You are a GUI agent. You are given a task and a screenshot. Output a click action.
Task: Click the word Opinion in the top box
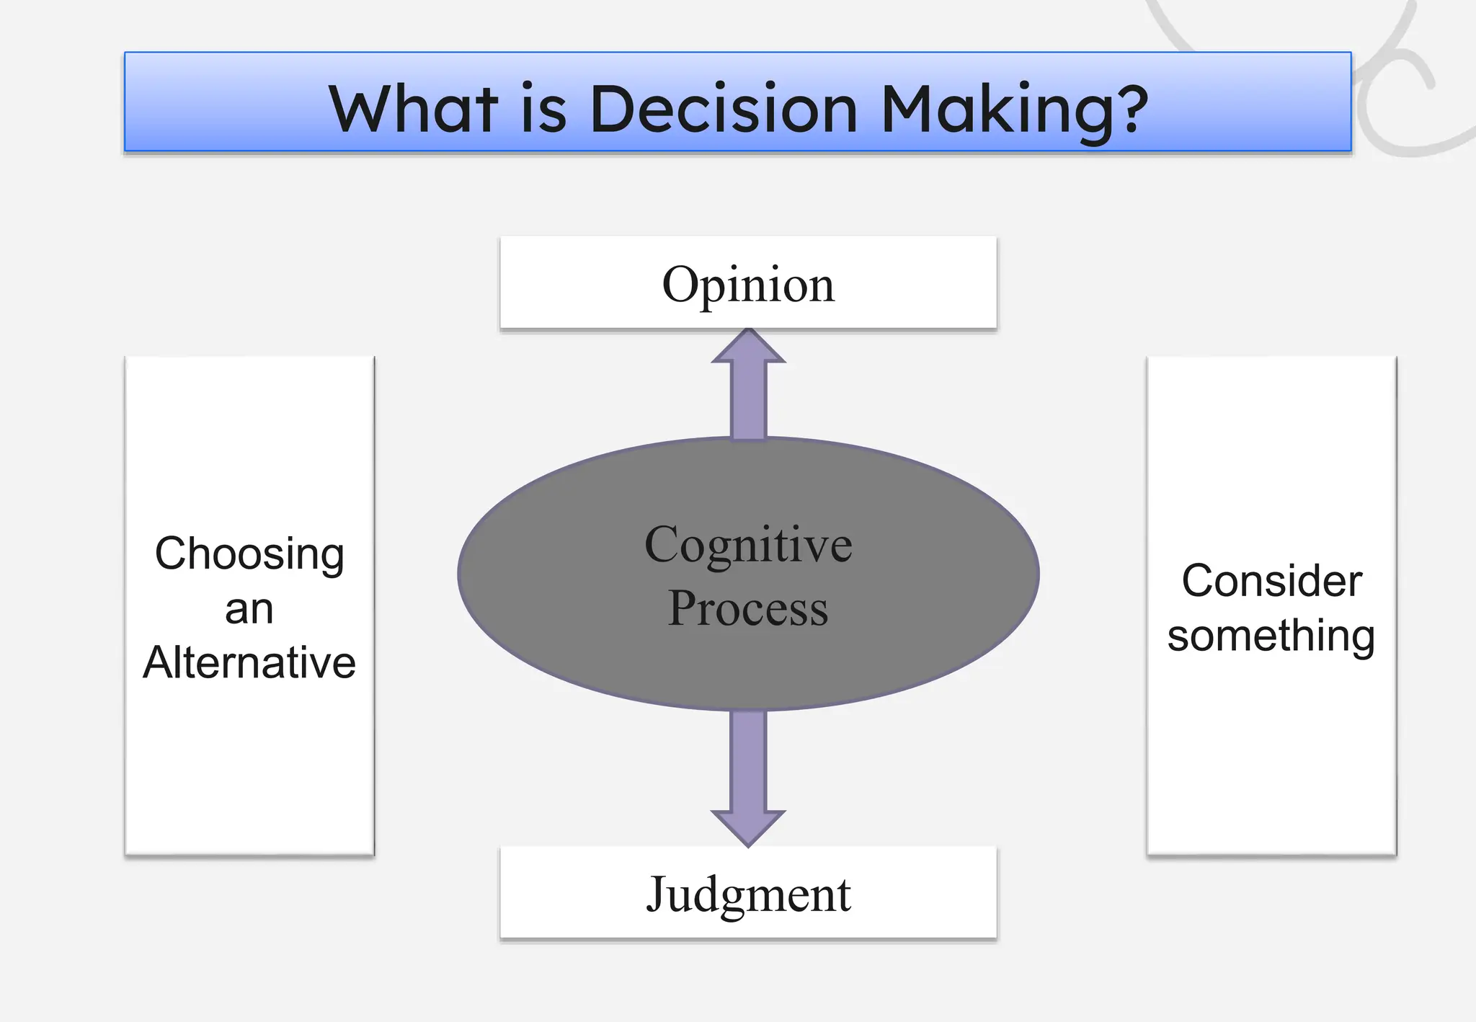click(748, 284)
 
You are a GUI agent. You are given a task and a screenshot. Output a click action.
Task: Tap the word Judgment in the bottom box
click(748, 894)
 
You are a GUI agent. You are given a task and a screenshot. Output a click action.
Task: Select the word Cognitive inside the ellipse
click(748, 545)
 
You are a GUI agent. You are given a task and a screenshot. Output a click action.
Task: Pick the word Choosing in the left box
click(249, 554)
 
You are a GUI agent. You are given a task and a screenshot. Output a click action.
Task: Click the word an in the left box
click(249, 610)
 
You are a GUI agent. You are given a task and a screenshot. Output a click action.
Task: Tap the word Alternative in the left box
click(249, 662)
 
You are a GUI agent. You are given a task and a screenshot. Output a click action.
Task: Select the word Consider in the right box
click(1271, 581)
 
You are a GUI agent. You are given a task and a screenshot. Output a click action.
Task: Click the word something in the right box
click(1271, 636)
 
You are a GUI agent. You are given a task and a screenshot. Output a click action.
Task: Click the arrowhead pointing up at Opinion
click(748, 348)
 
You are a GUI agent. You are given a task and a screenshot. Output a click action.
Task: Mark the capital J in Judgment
click(657, 894)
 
